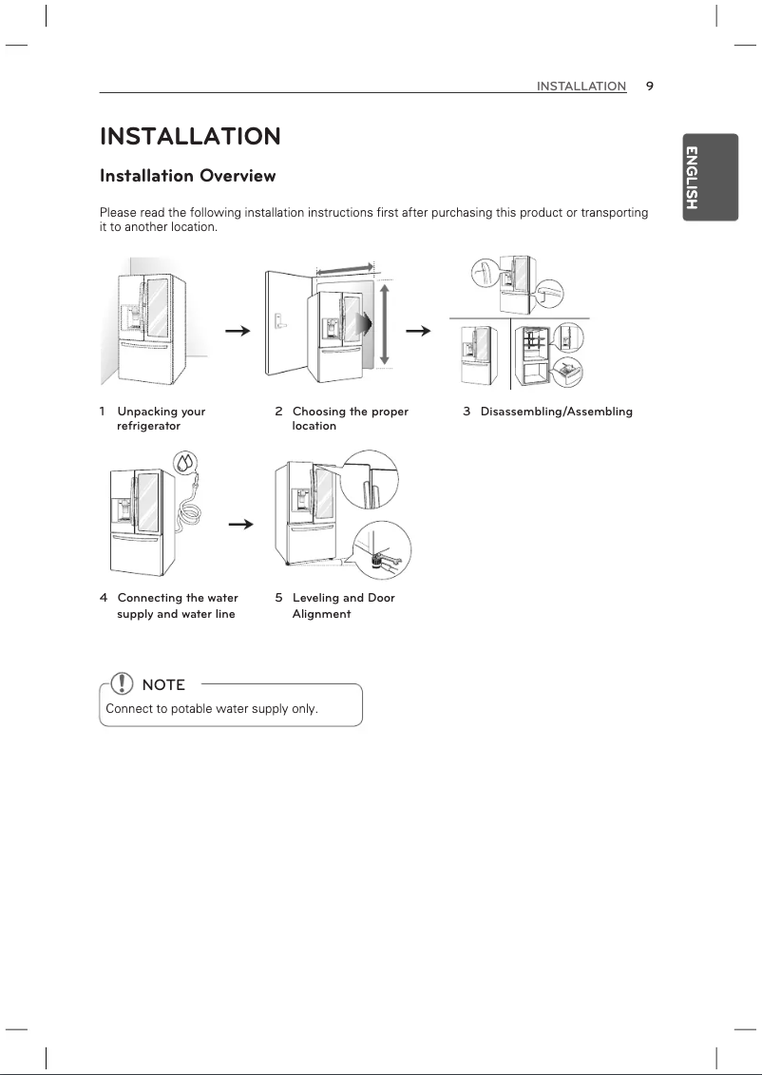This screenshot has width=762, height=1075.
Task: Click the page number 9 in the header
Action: coord(650,86)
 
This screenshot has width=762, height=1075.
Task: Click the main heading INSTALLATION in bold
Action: coord(190,137)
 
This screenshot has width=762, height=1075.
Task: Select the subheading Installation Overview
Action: coord(188,176)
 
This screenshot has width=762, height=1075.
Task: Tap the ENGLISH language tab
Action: coord(710,178)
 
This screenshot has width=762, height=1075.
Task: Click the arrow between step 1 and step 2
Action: coord(238,331)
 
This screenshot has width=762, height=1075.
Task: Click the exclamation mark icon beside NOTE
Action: coord(122,683)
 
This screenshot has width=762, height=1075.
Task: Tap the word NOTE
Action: coord(162,684)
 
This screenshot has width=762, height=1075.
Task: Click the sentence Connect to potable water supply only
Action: coord(211,709)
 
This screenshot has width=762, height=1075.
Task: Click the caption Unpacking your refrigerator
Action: coord(160,419)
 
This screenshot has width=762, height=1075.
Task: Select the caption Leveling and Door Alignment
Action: coord(342,605)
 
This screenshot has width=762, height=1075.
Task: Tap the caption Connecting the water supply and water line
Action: coord(176,605)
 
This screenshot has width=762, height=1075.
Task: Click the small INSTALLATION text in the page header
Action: coord(581,86)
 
